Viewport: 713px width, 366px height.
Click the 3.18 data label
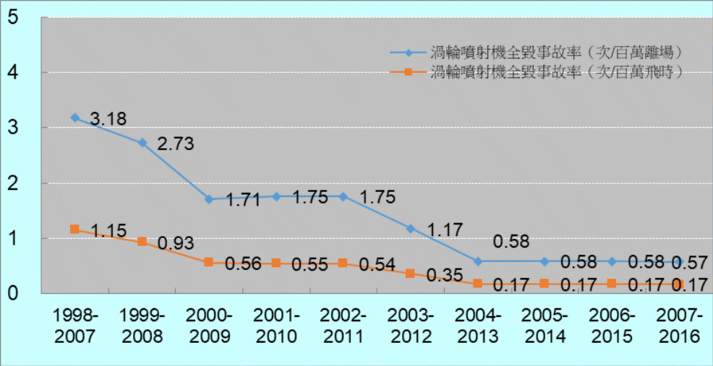109,118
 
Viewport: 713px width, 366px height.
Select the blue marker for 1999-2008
142,142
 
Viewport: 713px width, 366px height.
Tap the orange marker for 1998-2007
74,229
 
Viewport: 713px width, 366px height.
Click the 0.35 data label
445,275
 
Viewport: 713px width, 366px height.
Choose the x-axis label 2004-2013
478,326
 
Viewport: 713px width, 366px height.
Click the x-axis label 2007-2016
680,326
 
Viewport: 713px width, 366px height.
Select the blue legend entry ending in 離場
537,53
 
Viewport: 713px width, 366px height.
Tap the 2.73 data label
176,143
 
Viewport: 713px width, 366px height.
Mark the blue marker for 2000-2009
209,199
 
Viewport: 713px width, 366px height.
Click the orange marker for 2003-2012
410,274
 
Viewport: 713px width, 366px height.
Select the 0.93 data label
176,243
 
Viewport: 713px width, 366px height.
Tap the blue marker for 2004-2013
477,261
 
